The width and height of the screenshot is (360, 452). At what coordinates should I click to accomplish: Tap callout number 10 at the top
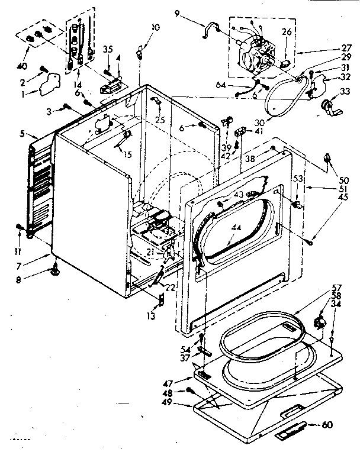coord(155,27)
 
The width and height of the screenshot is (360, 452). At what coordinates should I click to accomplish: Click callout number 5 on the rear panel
coord(22,134)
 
